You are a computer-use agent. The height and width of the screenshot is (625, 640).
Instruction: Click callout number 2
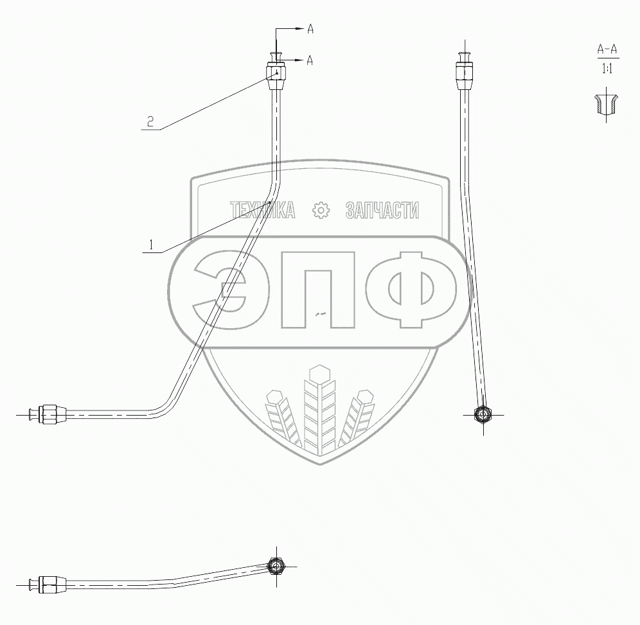pyautogui.click(x=150, y=122)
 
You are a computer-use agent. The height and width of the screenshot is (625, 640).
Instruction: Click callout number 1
pyautogui.click(x=151, y=244)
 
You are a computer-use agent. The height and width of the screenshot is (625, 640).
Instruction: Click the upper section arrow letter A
pyautogui.click(x=310, y=28)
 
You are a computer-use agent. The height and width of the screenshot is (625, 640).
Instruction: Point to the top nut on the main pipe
pyautogui.click(x=276, y=75)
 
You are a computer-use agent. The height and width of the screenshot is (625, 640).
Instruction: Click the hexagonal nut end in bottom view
pyautogui.click(x=277, y=566)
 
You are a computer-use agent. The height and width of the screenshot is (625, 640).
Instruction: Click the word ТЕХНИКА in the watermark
pyautogui.click(x=263, y=210)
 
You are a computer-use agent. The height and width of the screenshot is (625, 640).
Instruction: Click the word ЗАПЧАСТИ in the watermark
pyautogui.click(x=382, y=210)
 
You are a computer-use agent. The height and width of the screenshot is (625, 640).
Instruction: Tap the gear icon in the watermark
pyautogui.click(x=319, y=210)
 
